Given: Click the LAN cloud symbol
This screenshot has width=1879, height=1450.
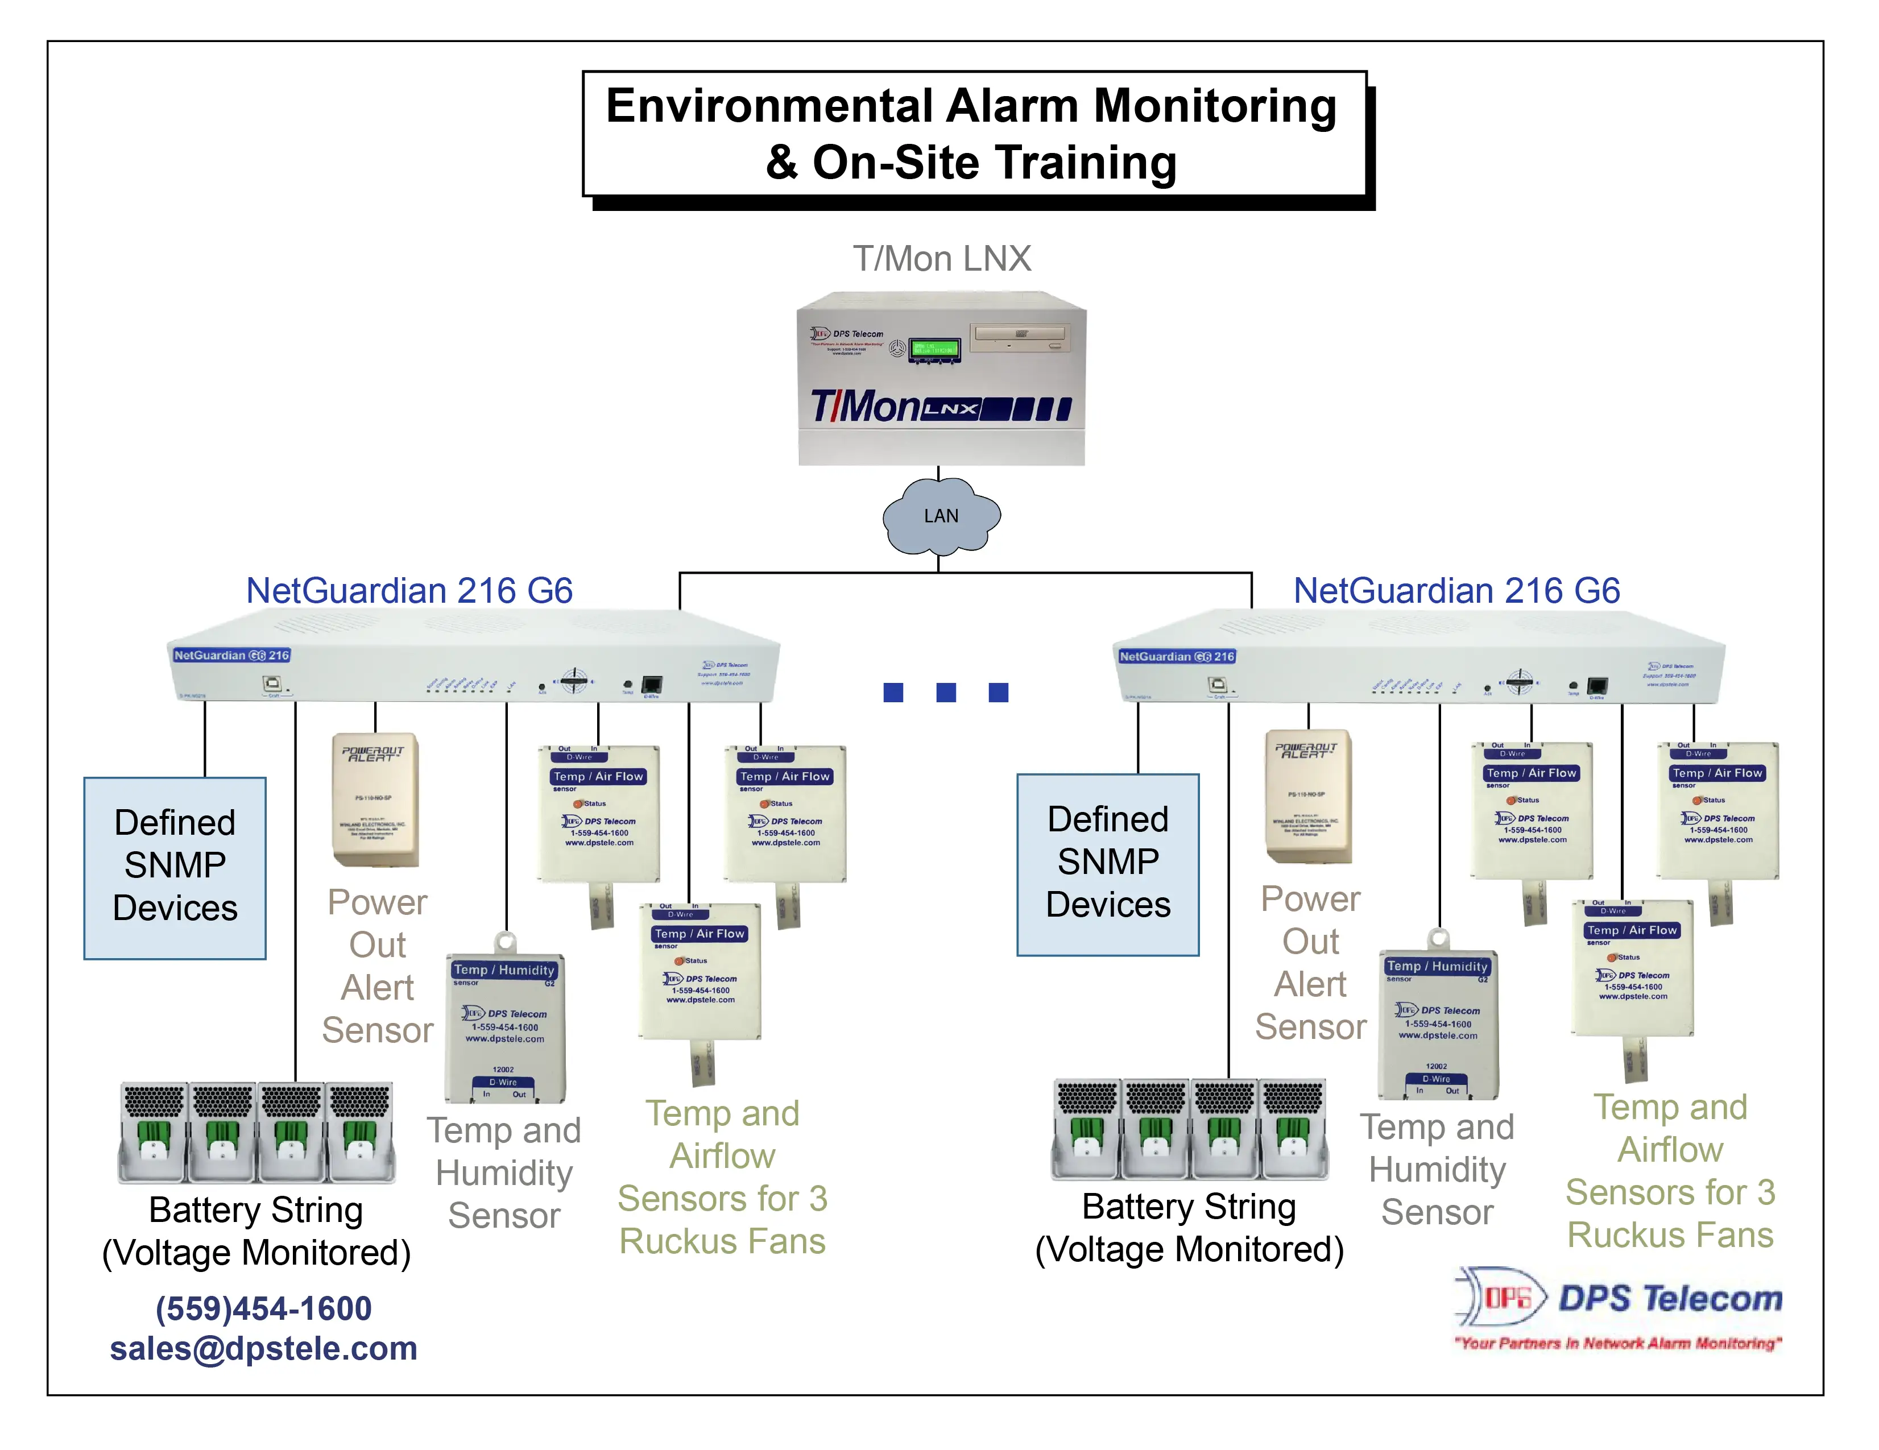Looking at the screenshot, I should [x=941, y=516].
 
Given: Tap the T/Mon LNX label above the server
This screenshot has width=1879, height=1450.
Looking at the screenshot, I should [x=941, y=258].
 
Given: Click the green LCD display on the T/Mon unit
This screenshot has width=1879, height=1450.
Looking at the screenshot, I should [x=934, y=349].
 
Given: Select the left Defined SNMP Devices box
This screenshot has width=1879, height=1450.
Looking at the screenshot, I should [x=175, y=867].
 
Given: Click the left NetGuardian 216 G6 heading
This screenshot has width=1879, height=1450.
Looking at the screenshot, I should [x=409, y=591].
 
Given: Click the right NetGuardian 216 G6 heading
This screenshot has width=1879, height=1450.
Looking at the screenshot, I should [x=1456, y=591].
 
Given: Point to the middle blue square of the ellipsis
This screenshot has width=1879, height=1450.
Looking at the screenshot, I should [x=946, y=693].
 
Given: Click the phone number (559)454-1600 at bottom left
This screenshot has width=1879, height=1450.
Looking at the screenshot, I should [x=263, y=1308].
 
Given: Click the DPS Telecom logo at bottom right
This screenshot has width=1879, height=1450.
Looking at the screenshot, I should [x=1617, y=1307].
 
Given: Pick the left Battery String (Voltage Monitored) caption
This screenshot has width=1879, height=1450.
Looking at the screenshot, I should [x=256, y=1231].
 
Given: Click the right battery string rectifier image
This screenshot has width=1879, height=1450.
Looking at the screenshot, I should [x=1189, y=1129].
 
